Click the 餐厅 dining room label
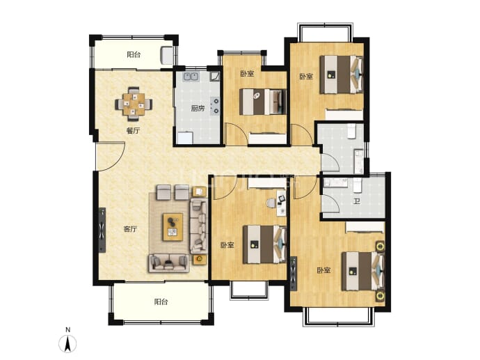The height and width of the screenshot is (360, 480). coord(133,131)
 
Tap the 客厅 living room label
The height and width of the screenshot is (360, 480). coord(130,229)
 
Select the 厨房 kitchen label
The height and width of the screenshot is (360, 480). coord(198,108)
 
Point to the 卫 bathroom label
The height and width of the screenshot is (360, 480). coord(357,201)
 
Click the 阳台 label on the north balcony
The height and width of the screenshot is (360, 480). coord(134,55)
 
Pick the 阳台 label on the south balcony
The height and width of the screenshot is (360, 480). coord(161,302)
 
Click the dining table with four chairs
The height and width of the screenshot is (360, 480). coord(134,104)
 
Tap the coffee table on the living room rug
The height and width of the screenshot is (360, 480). coord(173,227)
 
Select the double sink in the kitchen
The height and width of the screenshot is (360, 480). coord(191,76)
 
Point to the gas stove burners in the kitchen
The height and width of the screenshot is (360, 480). coord(216,106)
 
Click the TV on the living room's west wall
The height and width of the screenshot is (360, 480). coord(102,230)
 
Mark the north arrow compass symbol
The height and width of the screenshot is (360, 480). coord(67,343)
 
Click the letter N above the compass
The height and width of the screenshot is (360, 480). coord(67,330)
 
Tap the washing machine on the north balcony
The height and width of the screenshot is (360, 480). coord(166,55)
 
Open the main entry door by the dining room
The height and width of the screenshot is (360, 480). coord(110,156)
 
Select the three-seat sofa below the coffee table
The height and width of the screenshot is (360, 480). coord(168,263)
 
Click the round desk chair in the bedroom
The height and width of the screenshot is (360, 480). coord(271,203)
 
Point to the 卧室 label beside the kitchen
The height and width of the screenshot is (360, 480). coord(247,74)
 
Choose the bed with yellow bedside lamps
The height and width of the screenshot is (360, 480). coord(363,271)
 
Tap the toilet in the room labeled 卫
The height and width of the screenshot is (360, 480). coord(358,185)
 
